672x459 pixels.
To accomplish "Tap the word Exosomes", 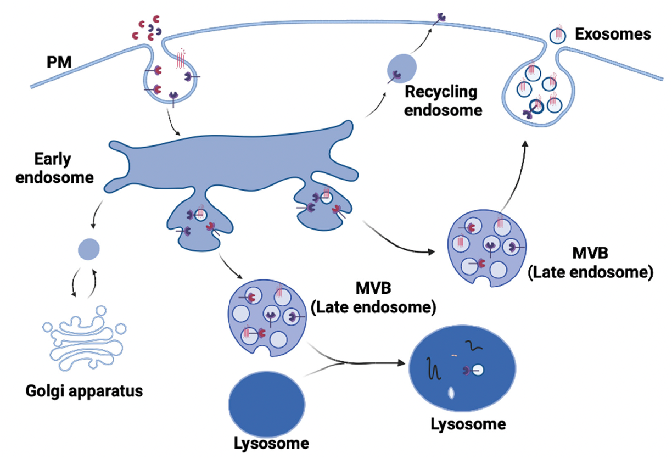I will [x=613, y=35].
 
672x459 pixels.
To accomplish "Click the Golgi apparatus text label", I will [x=85, y=391].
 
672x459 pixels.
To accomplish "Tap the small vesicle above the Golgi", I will [x=89, y=249].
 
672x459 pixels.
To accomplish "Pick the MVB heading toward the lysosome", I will [x=267, y=312].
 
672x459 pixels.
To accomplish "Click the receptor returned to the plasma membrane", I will [x=440, y=19].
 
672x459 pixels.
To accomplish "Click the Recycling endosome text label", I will [x=441, y=100].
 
